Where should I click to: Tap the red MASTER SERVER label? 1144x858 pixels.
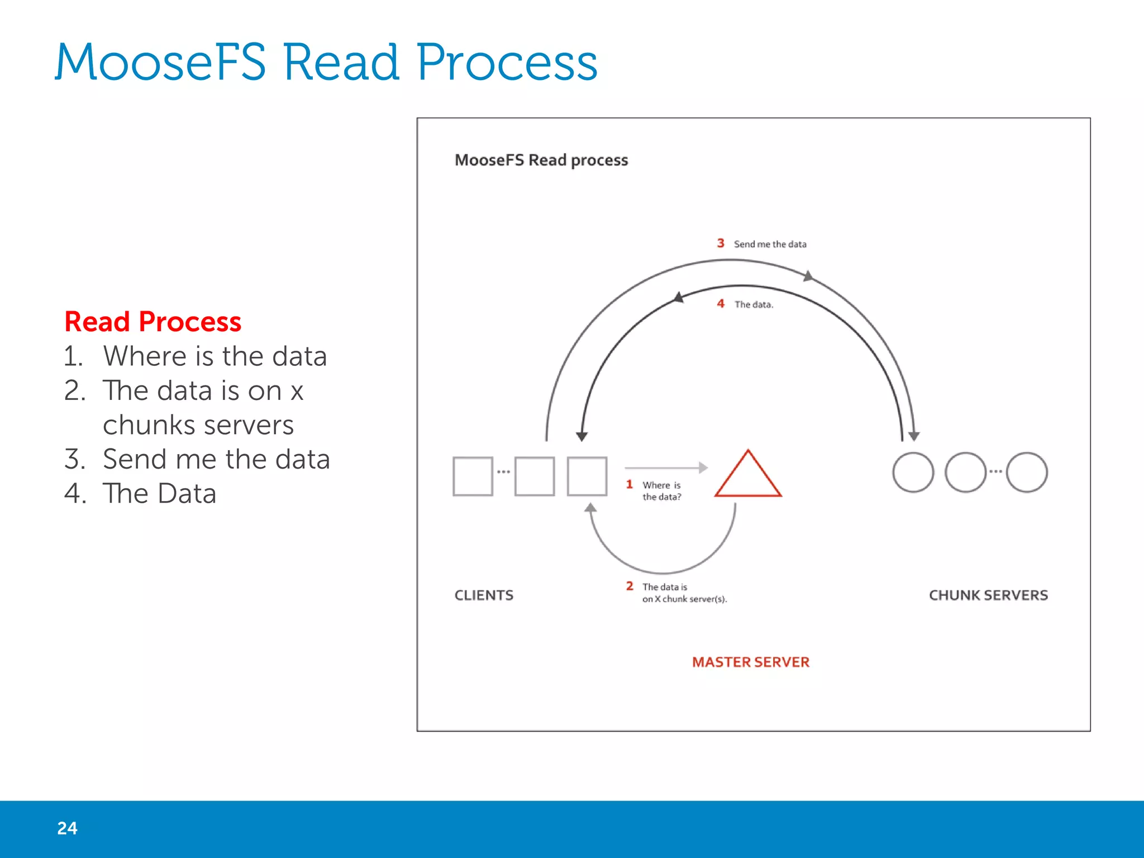click(750, 662)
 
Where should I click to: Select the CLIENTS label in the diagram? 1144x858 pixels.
click(484, 595)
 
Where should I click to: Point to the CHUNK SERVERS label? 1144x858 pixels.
click(988, 595)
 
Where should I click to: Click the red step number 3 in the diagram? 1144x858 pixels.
click(721, 243)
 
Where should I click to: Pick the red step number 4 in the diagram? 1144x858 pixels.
click(721, 303)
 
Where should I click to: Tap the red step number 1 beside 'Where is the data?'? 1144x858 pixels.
click(630, 484)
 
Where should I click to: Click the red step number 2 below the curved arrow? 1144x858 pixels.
click(630, 586)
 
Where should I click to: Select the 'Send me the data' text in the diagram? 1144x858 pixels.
click(770, 244)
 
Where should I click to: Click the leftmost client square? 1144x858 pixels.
click(473, 476)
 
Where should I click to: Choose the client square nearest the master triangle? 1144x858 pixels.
click(587, 476)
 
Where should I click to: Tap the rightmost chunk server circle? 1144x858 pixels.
click(1027, 473)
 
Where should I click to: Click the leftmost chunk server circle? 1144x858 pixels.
click(913, 473)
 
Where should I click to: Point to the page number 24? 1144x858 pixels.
click(67, 828)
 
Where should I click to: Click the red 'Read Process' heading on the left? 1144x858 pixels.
click(153, 322)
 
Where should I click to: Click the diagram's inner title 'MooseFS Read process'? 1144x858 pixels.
click(541, 160)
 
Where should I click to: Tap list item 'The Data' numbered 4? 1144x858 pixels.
click(159, 493)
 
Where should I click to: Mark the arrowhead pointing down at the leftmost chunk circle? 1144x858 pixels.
click(914, 436)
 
